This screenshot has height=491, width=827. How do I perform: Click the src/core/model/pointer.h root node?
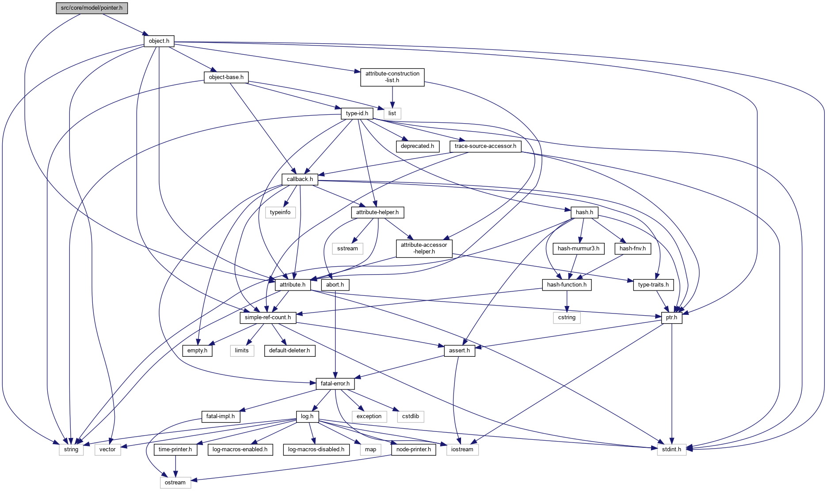tap(92, 8)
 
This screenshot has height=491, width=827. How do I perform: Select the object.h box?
tap(159, 41)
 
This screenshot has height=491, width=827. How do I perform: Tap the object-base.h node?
tap(226, 77)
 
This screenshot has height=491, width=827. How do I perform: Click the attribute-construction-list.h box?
tap(392, 77)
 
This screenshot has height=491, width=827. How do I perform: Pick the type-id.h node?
tap(357, 113)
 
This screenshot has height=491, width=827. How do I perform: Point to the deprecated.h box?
tap(417, 146)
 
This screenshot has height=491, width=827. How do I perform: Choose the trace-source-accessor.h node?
tap(485, 146)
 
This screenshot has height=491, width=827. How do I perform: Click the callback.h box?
tap(300, 179)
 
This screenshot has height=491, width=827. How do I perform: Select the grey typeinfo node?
tap(280, 212)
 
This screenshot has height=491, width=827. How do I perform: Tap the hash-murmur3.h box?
tap(578, 249)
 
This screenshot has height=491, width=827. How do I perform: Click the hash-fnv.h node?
tap(633, 249)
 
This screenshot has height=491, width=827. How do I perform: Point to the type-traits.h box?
tap(653, 285)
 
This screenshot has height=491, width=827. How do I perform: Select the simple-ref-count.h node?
tap(268, 317)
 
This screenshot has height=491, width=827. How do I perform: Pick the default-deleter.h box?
tap(290, 351)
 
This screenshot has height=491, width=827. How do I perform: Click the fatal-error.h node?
tap(335, 384)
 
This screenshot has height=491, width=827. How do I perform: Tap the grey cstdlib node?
tap(411, 416)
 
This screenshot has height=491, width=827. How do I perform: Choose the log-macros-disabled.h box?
tap(316, 449)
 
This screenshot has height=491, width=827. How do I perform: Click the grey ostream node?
tap(175, 483)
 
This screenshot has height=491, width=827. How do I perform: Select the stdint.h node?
tap(672, 449)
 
